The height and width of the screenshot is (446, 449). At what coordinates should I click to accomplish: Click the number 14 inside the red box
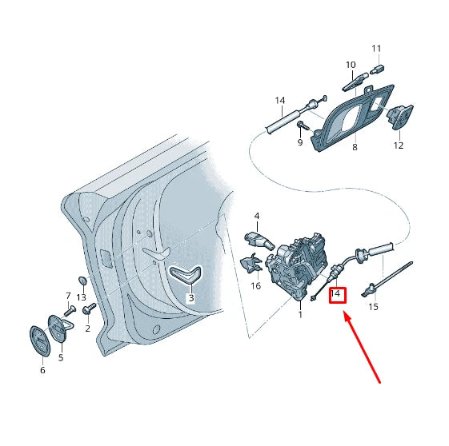pos(336,295)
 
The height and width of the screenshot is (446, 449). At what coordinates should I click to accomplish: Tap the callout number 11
pos(377,48)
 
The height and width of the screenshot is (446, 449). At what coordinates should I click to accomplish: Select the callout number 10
pos(351,65)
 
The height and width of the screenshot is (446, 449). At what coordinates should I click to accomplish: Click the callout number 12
pos(399,145)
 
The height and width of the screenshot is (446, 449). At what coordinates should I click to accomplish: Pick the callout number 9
pos(300,143)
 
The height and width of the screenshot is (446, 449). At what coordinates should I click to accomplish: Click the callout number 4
pos(257,216)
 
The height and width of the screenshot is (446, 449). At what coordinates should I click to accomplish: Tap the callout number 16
pos(256,285)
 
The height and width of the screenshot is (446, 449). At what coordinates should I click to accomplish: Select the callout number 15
pos(373,307)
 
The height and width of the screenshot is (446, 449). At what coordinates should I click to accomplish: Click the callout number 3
pos(190,298)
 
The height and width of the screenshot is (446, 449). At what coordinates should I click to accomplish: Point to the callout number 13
pos(81,297)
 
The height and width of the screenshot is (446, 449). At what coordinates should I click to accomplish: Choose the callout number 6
pos(42,370)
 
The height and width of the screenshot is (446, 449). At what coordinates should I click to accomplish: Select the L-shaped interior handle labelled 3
pos(186,276)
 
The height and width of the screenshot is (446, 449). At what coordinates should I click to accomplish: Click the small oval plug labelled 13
pos(82,281)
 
